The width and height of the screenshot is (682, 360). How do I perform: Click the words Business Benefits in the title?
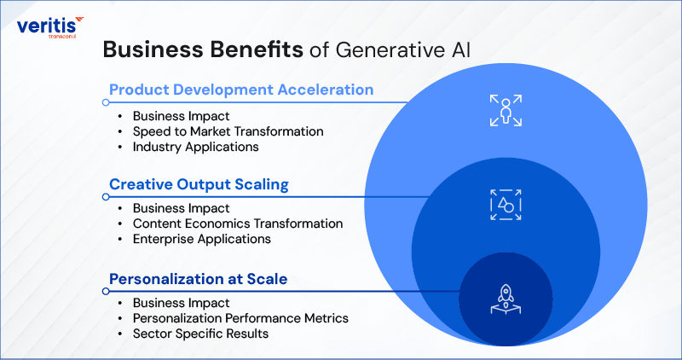(202, 49)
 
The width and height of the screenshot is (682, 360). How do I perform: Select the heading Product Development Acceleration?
(241, 90)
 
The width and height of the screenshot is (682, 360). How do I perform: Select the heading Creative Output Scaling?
(198, 184)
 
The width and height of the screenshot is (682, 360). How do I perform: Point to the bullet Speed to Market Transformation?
(228, 131)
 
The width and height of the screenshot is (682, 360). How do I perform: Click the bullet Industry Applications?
(194, 147)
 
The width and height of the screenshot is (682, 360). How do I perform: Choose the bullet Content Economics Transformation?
(237, 224)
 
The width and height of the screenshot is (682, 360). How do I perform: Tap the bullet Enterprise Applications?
(201, 239)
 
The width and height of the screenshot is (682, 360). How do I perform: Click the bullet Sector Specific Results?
(200, 334)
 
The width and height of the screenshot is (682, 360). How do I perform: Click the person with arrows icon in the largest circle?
(506, 111)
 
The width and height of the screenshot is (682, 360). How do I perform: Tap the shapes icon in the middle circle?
(506, 205)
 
